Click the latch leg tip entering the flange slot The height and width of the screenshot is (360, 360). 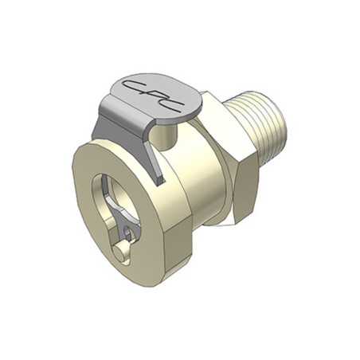(x=160, y=181)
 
